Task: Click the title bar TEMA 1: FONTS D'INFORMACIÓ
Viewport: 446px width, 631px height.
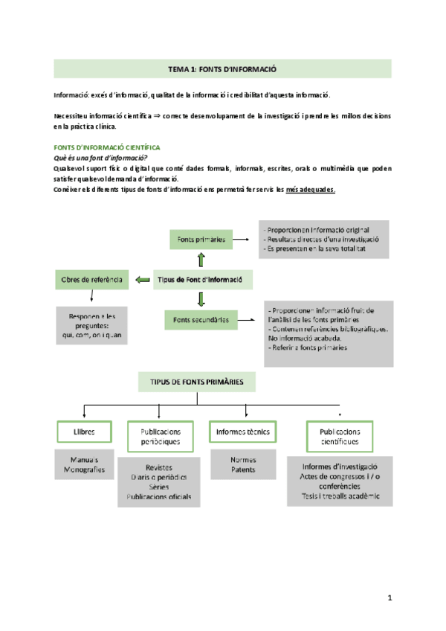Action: coord(222,69)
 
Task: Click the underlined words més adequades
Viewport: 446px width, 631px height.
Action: coord(310,189)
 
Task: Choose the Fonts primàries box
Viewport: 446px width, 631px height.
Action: coord(201,240)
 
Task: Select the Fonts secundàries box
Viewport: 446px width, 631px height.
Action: coord(201,321)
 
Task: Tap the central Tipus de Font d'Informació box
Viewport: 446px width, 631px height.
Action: coord(201,280)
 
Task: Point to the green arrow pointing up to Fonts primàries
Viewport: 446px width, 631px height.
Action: coord(201,259)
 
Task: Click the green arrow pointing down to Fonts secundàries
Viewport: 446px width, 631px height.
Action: coord(201,300)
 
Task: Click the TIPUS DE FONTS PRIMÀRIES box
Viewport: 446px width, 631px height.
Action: coord(197,382)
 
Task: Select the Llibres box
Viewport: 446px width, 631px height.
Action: coord(84,432)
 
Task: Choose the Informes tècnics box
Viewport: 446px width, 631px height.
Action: coord(242,432)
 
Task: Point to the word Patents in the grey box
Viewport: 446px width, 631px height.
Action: coord(242,470)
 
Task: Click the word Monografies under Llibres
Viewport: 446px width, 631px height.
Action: coord(84,470)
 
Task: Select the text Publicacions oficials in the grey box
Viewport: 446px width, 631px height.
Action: coord(159,497)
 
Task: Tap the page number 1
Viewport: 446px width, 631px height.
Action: coord(391,598)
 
